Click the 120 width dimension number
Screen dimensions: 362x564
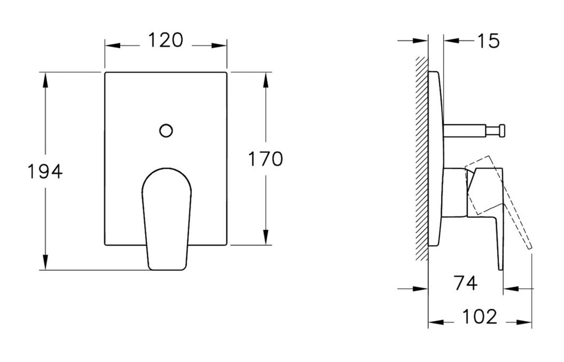(165, 40)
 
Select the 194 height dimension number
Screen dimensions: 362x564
(44, 171)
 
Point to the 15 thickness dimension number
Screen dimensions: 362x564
(488, 41)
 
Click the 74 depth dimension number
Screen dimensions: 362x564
(465, 283)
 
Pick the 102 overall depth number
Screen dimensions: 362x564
(479, 317)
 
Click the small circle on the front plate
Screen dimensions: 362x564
(166, 130)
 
